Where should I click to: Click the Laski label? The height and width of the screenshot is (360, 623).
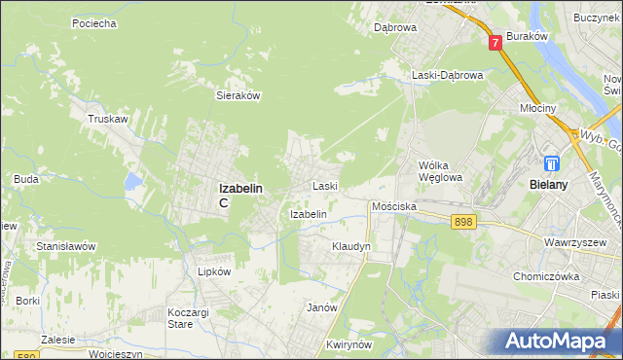324,185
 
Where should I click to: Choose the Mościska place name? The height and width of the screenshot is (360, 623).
394,207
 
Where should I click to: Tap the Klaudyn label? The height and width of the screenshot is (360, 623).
351,247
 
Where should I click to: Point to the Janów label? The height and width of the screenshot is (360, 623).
321,307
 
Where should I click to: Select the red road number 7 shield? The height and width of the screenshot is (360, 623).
495,42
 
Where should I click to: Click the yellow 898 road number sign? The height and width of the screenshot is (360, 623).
464,223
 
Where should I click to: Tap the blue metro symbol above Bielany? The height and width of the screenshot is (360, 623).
552,163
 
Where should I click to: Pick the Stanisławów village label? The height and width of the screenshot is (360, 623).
65,246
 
